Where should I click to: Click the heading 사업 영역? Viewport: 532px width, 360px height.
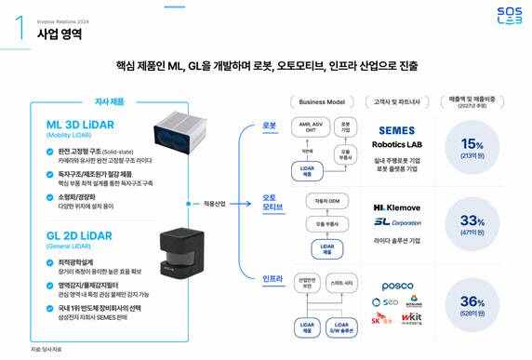pos(60,34)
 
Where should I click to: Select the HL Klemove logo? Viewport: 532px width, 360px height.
pos(397,207)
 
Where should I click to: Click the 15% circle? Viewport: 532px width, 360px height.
pos(473,147)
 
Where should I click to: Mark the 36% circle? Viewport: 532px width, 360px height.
pos(473,304)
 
